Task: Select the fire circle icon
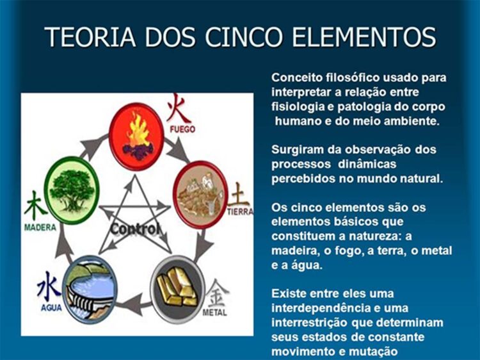pos(136,136)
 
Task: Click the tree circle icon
pos(71,190)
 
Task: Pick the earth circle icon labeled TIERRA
pos(200,194)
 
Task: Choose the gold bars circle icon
pos(177,289)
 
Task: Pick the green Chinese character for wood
pos(35,206)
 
